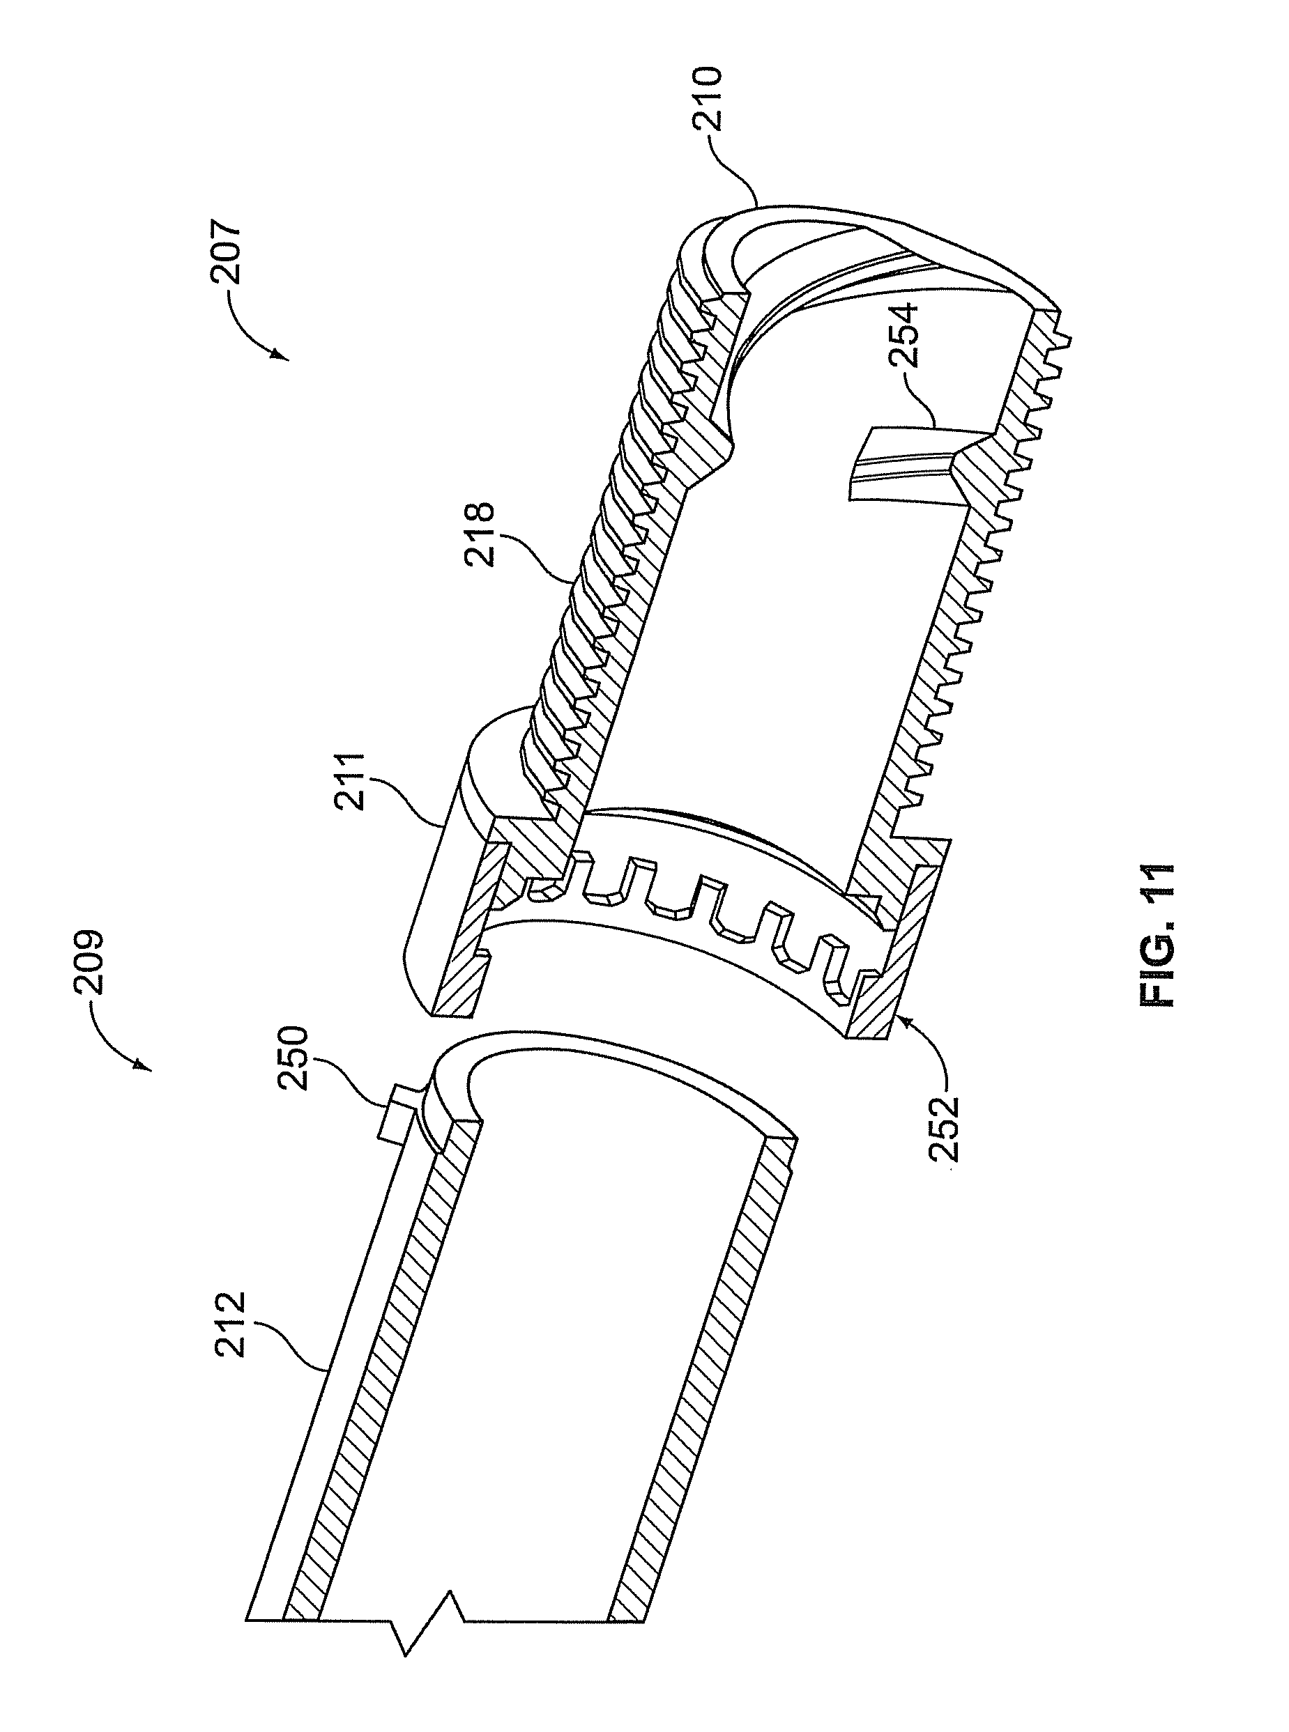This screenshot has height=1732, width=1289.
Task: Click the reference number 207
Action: [x=231, y=254]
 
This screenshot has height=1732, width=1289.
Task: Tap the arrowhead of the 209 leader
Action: [x=144, y=1065]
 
